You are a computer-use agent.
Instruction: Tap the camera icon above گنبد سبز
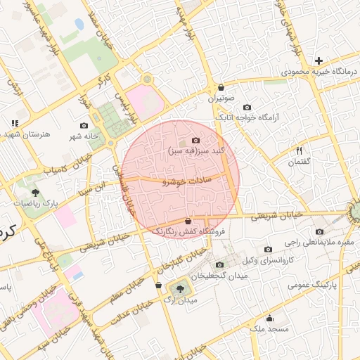coord(195,141)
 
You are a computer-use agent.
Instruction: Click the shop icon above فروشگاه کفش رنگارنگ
coord(188,221)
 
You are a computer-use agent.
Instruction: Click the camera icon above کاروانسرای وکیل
coord(268,250)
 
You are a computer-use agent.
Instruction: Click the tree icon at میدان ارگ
coord(181,288)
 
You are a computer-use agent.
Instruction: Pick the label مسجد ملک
coord(269,328)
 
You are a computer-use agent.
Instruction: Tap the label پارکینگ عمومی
coord(333,285)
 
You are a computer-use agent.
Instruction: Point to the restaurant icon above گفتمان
coord(299,151)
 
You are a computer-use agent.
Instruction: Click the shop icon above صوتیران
coord(221,88)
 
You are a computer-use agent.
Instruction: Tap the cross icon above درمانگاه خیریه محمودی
coord(319,61)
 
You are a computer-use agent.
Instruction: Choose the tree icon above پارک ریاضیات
coord(35,192)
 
